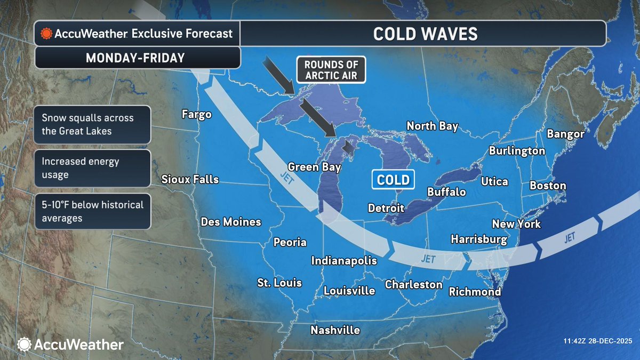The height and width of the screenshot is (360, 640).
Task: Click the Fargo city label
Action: coord(197,114)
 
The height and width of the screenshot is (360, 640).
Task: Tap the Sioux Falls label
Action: coord(190,179)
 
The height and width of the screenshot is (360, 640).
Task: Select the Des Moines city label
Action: coord(231,221)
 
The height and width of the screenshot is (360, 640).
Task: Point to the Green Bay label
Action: coord(314,167)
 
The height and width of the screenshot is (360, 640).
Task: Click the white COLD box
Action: coord(393,179)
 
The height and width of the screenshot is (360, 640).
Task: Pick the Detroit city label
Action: coord(386,208)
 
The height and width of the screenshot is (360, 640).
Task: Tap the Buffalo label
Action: coord(446,192)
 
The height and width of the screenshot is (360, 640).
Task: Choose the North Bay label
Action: coord(432,126)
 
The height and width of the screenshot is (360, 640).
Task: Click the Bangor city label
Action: coord(565,134)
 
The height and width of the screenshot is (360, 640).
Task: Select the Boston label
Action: coord(547,186)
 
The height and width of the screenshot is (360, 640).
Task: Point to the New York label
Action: coord(516,224)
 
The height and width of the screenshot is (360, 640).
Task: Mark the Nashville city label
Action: coord(335,330)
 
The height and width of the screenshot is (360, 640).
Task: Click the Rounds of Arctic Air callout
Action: coord(331,70)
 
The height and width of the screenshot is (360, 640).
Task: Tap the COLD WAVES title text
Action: coord(425,34)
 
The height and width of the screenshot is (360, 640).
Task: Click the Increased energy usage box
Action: coord(92,167)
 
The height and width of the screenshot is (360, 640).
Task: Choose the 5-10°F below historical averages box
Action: coord(92,212)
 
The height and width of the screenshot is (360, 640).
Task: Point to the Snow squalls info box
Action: coord(92,124)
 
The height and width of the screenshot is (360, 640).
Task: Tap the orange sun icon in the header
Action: coord(46,34)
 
